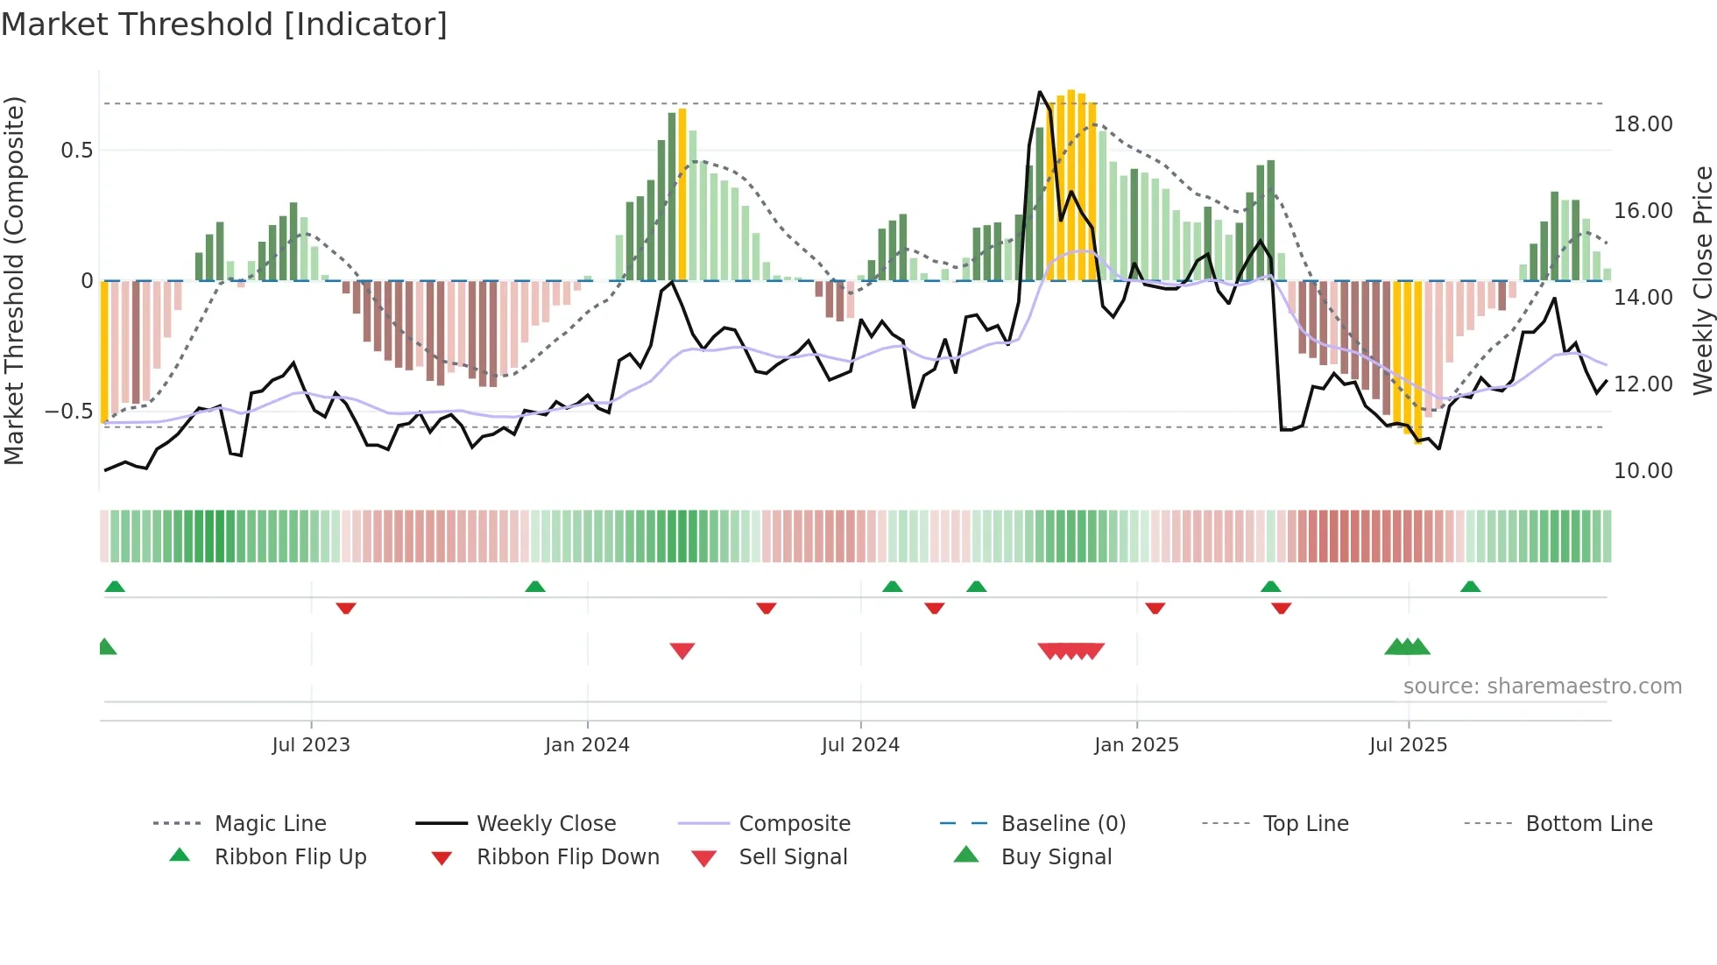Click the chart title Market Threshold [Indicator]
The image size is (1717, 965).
[x=224, y=25]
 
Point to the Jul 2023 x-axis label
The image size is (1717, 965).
[x=311, y=745]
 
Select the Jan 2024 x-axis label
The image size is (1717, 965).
[x=587, y=745]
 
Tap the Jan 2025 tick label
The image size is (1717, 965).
[x=1136, y=745]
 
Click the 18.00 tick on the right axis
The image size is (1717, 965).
[x=1643, y=124]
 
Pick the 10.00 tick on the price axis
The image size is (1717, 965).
[x=1643, y=471]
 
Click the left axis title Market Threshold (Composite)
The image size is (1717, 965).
[x=14, y=280]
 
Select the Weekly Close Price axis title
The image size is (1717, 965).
[x=1702, y=280]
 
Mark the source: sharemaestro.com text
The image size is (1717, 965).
[x=1542, y=687]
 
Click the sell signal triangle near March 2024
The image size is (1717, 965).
[x=682, y=651]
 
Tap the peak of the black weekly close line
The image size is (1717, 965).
[x=1040, y=92]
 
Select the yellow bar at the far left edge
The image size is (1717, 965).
[x=104, y=350]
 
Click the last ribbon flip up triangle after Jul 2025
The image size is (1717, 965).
[x=1470, y=587]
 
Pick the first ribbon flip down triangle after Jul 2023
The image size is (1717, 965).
[x=346, y=608]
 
